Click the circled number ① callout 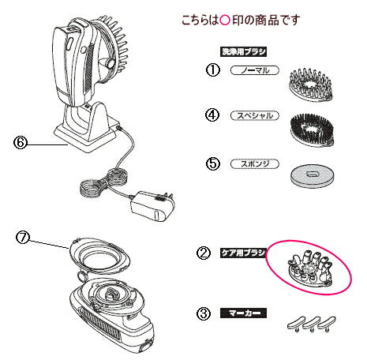(x=211, y=69)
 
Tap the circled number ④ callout (x=211, y=114)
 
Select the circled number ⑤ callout (x=211, y=164)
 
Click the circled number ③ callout (x=204, y=313)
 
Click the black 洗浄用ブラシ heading (x=242, y=50)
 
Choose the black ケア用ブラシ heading (x=242, y=253)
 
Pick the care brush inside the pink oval (x=307, y=266)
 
